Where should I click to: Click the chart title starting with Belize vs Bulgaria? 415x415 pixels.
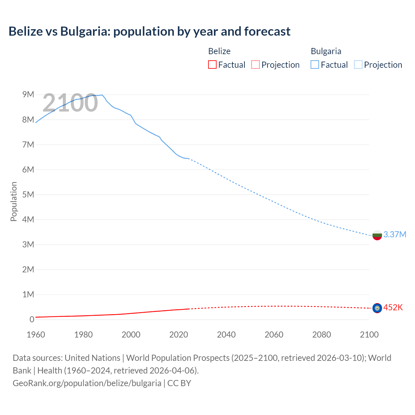pyautogui.click(x=149, y=31)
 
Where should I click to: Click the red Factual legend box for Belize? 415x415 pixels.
pyautogui.click(x=212, y=65)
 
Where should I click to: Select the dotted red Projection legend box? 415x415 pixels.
pyautogui.click(x=255, y=65)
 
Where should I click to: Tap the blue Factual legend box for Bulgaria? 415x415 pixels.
pyautogui.click(x=315, y=65)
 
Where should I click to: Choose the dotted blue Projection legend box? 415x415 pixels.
pyautogui.click(x=358, y=65)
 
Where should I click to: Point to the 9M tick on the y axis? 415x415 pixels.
pyautogui.click(x=28, y=94)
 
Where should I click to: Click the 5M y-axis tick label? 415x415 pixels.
pyautogui.click(x=28, y=195)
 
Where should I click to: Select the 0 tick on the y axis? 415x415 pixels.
pyautogui.click(x=32, y=319)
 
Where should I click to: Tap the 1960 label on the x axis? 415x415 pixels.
pyautogui.click(x=36, y=335)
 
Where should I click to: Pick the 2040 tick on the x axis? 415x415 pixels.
pyautogui.click(x=226, y=335)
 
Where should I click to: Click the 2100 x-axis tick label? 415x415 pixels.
pyautogui.click(x=369, y=335)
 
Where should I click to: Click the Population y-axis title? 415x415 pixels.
pyautogui.click(x=14, y=201)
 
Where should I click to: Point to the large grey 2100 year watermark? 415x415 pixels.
pyautogui.click(x=70, y=103)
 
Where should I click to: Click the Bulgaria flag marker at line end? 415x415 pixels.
pyautogui.click(x=377, y=235)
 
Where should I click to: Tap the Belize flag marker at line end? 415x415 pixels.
pyautogui.click(x=377, y=308)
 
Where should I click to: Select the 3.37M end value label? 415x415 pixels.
pyautogui.click(x=395, y=234)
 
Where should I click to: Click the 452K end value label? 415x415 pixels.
pyautogui.click(x=393, y=307)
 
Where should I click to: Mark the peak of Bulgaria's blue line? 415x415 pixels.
pyautogui.click(x=102, y=95)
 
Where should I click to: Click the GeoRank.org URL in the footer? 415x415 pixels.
pyautogui.click(x=87, y=383)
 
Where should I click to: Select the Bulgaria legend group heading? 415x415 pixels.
pyautogui.click(x=326, y=51)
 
